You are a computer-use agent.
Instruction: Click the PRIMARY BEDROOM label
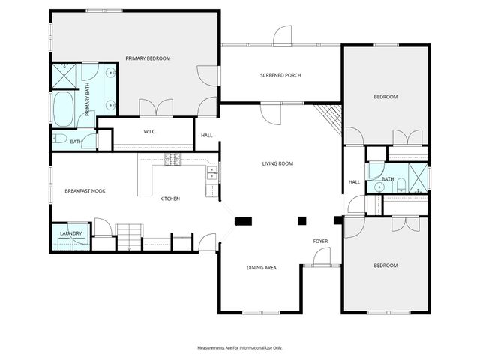148,58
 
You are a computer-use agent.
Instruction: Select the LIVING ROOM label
277,163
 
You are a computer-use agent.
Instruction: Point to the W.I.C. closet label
149,133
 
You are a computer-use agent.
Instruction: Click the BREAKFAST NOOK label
85,191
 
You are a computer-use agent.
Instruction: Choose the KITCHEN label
169,199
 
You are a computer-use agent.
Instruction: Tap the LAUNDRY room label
70,233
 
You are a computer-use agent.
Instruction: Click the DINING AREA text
262,267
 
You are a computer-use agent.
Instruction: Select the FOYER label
321,241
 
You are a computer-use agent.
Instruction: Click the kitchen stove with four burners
172,158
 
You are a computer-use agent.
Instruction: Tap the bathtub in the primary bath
62,109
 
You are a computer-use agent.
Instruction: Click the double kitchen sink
212,175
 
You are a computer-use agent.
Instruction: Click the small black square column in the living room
302,220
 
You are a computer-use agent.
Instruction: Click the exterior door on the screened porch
282,36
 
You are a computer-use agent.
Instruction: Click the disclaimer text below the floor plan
239,347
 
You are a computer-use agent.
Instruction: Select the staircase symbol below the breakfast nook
130,234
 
